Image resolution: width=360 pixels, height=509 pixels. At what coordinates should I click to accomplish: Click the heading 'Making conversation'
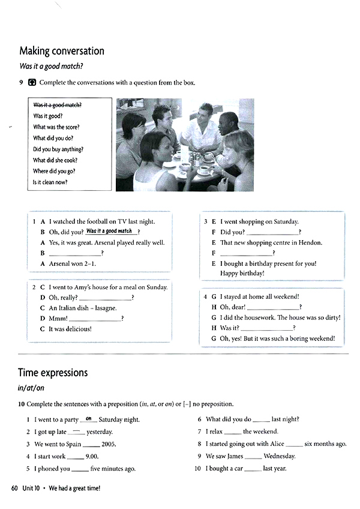point(62,51)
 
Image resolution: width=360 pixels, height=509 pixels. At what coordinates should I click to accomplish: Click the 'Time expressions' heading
point(53,373)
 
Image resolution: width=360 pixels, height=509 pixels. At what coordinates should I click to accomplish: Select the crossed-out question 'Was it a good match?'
point(58,105)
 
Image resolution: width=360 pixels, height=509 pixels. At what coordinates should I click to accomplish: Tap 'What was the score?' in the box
point(56,127)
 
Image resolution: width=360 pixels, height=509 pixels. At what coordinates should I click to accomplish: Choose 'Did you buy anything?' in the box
point(58,149)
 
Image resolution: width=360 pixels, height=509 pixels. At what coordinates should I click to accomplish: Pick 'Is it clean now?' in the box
point(50,182)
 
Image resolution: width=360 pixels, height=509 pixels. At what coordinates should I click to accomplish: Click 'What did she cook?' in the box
point(55,160)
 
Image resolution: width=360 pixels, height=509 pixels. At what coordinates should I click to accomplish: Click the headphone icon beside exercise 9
point(32,83)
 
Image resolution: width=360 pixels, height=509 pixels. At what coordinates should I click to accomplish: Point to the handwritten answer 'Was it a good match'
point(109,231)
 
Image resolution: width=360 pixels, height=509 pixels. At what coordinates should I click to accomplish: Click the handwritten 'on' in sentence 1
point(88,418)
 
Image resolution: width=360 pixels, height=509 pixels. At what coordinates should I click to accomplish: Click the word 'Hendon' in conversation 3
point(310,242)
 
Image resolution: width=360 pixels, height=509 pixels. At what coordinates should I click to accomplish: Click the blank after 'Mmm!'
point(95,319)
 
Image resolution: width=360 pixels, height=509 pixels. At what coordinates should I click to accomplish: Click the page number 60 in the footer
point(15,489)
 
